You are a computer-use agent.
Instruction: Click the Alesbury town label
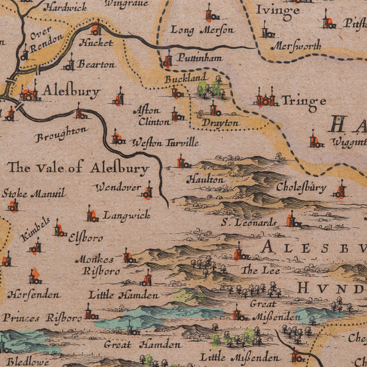click(x=71, y=92)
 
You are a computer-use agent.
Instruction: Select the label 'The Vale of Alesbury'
click(x=78, y=168)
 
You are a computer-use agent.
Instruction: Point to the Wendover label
click(x=117, y=187)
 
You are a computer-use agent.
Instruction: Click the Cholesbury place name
click(x=301, y=187)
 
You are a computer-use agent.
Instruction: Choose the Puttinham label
click(x=199, y=58)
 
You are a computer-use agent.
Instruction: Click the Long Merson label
click(x=202, y=29)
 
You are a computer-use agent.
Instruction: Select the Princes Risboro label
click(x=42, y=318)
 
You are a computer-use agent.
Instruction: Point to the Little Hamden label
click(x=115, y=294)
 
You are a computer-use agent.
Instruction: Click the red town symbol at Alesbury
click(x=29, y=94)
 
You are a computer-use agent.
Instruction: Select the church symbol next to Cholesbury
click(x=339, y=191)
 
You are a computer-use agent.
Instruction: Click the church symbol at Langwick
click(x=92, y=215)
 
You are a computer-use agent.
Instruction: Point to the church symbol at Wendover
click(x=147, y=191)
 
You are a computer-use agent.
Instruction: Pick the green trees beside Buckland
click(x=209, y=87)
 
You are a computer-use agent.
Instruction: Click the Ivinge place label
click(x=277, y=10)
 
